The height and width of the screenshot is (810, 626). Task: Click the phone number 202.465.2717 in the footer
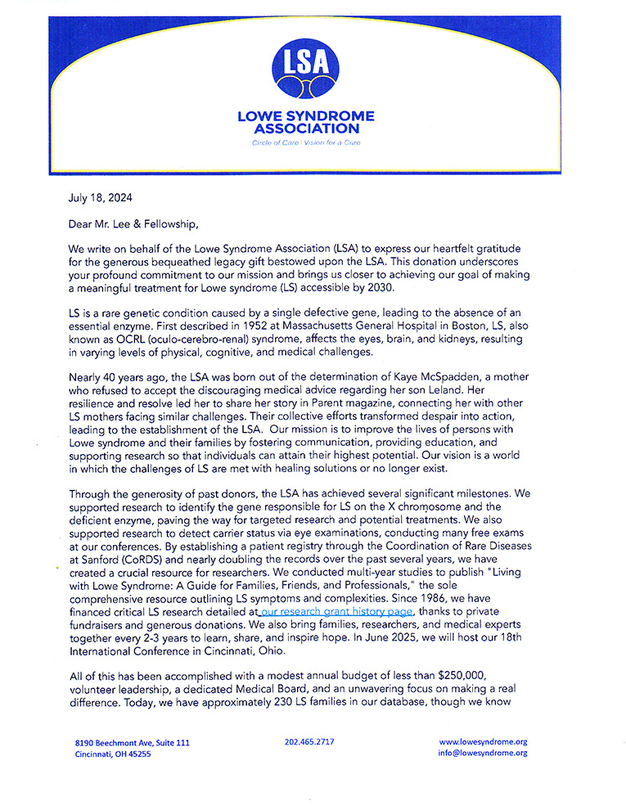point(309,742)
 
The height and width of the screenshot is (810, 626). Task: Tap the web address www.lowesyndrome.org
point(483,742)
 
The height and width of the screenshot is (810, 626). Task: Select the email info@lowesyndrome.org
point(483,753)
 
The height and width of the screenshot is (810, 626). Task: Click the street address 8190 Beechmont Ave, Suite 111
point(132,743)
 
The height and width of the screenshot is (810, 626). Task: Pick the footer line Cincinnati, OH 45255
point(113,754)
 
